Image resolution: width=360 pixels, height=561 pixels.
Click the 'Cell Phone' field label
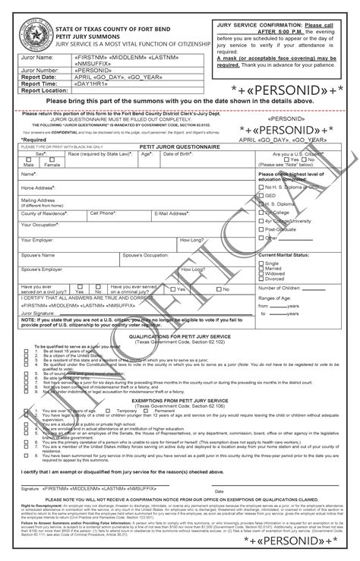tap(103, 213)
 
